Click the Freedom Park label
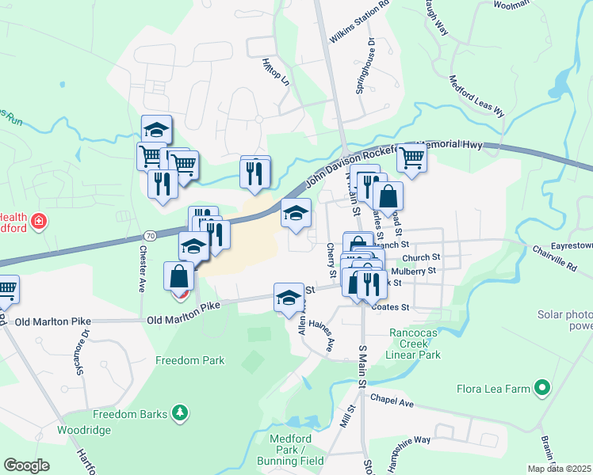pyautogui.click(x=189, y=361)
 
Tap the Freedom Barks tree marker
pyautogui.click(x=182, y=412)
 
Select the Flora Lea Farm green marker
pyautogui.click(x=542, y=389)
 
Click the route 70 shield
pyautogui.click(x=150, y=235)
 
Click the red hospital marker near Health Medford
pyautogui.click(x=38, y=222)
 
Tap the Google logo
pyautogui.click(x=26, y=465)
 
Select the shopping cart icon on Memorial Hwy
pyautogui.click(x=412, y=158)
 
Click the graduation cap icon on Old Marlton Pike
pyautogui.click(x=289, y=297)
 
